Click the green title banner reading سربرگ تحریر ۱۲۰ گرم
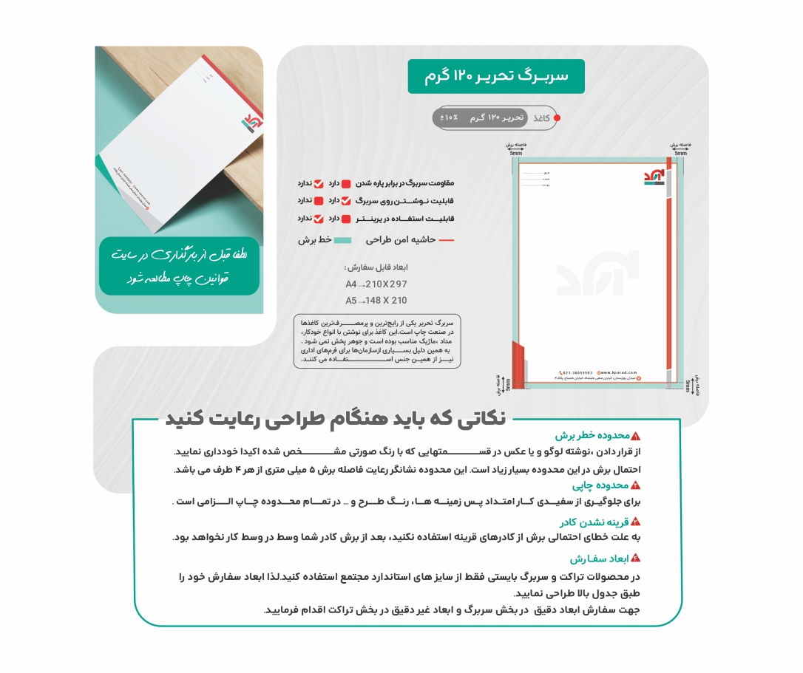[496, 77]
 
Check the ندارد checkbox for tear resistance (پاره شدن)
[319, 183]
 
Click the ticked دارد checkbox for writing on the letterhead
[346, 201]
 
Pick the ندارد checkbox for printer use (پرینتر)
[319, 219]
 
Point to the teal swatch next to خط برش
[342, 240]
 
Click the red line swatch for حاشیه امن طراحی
[447, 240]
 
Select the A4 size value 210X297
[385, 284]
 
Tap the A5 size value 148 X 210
[385, 301]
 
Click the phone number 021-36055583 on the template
[577, 372]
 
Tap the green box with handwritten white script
[179, 266]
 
